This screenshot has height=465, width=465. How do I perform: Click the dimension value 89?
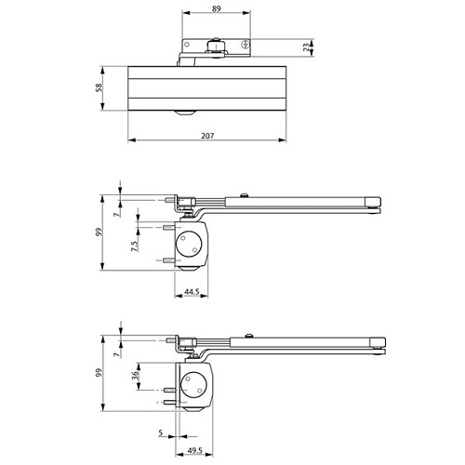click(x=216, y=9)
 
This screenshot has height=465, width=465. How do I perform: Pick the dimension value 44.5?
click(x=193, y=292)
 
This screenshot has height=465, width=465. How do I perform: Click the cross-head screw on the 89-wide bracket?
click(x=245, y=44)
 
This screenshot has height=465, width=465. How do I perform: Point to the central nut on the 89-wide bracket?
click(x=217, y=44)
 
